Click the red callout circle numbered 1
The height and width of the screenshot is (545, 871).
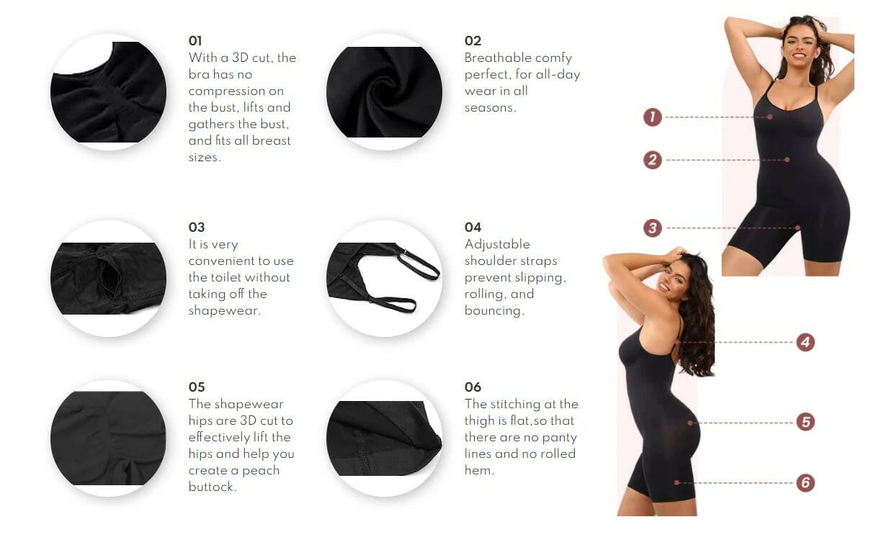(x=652, y=117)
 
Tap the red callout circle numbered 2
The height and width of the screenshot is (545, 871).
(x=652, y=160)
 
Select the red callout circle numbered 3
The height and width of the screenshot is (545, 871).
(x=652, y=228)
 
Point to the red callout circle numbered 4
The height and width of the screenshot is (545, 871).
(x=805, y=342)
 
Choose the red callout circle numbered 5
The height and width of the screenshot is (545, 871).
(x=805, y=422)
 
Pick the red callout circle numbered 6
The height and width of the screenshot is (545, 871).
(x=805, y=482)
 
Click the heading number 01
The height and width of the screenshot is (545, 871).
(x=196, y=41)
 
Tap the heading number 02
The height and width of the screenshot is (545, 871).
(x=473, y=41)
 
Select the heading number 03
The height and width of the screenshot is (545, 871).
(x=197, y=228)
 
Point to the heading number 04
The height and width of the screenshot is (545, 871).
(x=473, y=228)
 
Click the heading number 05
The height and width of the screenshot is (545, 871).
(x=197, y=387)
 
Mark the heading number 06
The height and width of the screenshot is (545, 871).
(x=473, y=387)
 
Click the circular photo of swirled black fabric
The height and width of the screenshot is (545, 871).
(x=384, y=92)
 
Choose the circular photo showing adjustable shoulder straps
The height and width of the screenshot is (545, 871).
(x=384, y=278)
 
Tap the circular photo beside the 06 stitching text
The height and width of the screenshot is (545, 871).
(x=384, y=438)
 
